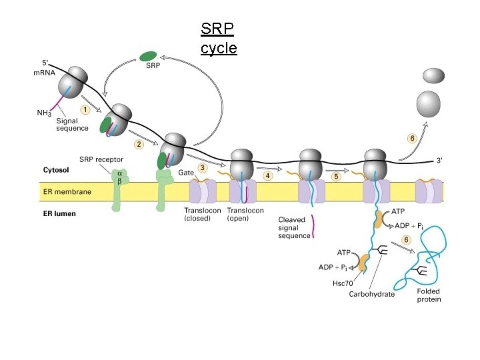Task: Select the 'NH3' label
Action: point(44,113)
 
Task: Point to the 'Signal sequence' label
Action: point(72,124)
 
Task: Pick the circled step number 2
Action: point(139,143)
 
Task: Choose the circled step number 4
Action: point(268,176)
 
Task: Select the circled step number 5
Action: point(337,177)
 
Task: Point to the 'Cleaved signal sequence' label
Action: point(294,227)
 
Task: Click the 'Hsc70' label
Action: point(342,283)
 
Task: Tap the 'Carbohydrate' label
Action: point(371,293)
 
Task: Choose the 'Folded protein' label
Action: point(429,295)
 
